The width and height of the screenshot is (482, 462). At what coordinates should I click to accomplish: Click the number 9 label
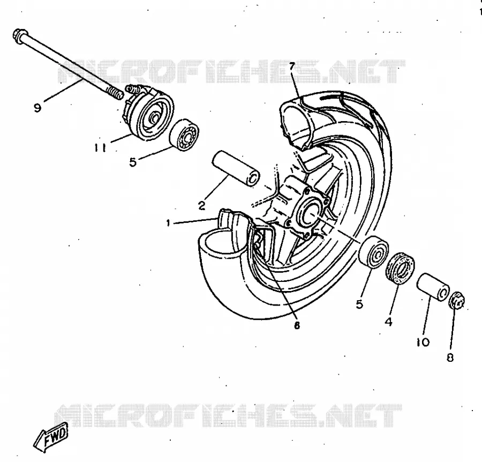point(37,108)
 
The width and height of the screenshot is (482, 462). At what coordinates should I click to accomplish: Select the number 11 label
point(100,148)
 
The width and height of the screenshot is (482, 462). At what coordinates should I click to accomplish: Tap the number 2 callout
point(201,206)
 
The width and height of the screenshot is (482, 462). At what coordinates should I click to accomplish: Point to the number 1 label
point(168,223)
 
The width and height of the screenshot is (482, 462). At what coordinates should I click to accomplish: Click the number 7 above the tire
point(292,66)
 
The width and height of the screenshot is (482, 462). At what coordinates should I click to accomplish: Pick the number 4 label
point(389,322)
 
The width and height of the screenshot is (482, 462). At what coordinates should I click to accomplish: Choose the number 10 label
point(423,342)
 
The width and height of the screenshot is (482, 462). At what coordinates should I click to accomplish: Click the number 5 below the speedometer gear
point(133,162)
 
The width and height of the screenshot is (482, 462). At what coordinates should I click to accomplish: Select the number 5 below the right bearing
point(359,304)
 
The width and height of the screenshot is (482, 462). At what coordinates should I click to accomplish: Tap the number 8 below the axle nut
point(450,357)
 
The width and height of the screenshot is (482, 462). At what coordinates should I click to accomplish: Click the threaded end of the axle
point(115,93)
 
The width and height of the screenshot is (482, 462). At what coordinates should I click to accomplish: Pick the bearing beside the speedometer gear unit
point(184,135)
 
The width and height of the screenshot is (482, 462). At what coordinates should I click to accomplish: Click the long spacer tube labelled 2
point(236,168)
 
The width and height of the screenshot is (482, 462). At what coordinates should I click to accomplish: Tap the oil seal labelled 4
point(400,268)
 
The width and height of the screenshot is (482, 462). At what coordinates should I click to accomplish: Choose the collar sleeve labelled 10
point(433,287)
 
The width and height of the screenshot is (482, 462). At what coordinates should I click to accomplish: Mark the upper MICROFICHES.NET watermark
point(231,71)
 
